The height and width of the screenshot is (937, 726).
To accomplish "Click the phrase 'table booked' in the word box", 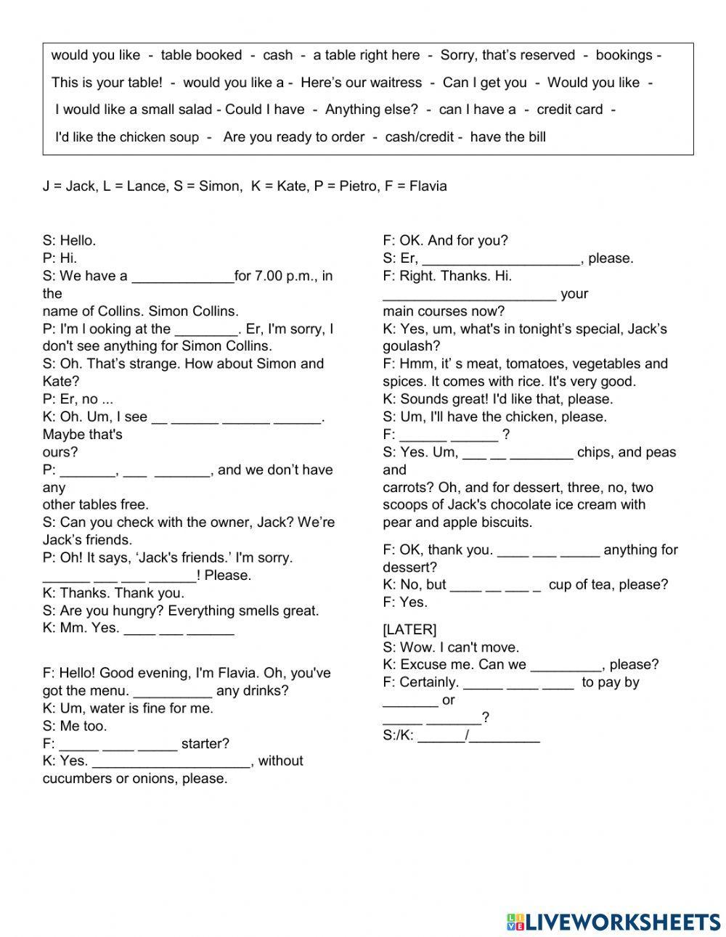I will point(201,55).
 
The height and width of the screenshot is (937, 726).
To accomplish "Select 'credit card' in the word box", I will point(569,110).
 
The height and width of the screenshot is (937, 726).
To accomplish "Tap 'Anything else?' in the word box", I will point(371,110).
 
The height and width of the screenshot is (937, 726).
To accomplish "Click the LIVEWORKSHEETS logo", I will point(613,922).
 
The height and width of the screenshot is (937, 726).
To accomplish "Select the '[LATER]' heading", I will point(409,629).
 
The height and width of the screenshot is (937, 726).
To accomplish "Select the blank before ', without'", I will point(171,761).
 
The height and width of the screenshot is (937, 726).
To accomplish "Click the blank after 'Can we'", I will point(566,665).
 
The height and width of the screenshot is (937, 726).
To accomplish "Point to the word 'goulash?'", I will point(409,346).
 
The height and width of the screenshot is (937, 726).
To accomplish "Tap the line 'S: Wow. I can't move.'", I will point(451,647).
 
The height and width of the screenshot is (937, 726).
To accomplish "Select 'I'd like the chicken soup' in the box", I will point(127,137).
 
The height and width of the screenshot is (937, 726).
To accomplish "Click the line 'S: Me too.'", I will point(75,726).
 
